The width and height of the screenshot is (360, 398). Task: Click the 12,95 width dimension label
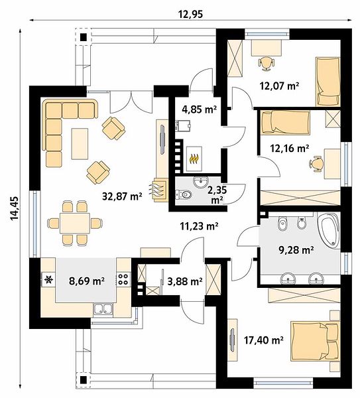pos(190,14)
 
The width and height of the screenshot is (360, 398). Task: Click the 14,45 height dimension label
pos(14,208)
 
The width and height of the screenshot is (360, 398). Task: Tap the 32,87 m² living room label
pos(122,196)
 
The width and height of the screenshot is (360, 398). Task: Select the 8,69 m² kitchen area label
pos(87,281)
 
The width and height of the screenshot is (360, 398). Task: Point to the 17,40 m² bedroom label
pos(264,340)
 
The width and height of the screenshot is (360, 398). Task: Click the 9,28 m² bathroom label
pos(296,251)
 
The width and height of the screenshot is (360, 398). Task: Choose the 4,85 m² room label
pos(199,109)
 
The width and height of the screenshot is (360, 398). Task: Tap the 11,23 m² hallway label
pos(199,226)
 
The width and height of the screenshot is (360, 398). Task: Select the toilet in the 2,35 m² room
pos(184,194)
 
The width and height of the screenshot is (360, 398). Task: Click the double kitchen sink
pos(103,309)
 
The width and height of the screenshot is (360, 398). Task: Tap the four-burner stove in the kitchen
pos(123,279)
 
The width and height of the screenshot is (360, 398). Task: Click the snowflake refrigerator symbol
pos(48,280)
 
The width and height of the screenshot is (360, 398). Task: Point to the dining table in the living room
pos(75,223)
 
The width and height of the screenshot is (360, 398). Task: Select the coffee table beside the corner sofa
pos(80,144)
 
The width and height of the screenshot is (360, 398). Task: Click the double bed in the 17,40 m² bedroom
pos(315,341)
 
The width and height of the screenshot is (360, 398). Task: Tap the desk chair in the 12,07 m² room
pos(267,63)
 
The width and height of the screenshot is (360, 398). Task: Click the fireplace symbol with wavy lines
pos(159,190)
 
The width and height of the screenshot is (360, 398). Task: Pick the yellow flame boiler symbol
pos(194,159)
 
